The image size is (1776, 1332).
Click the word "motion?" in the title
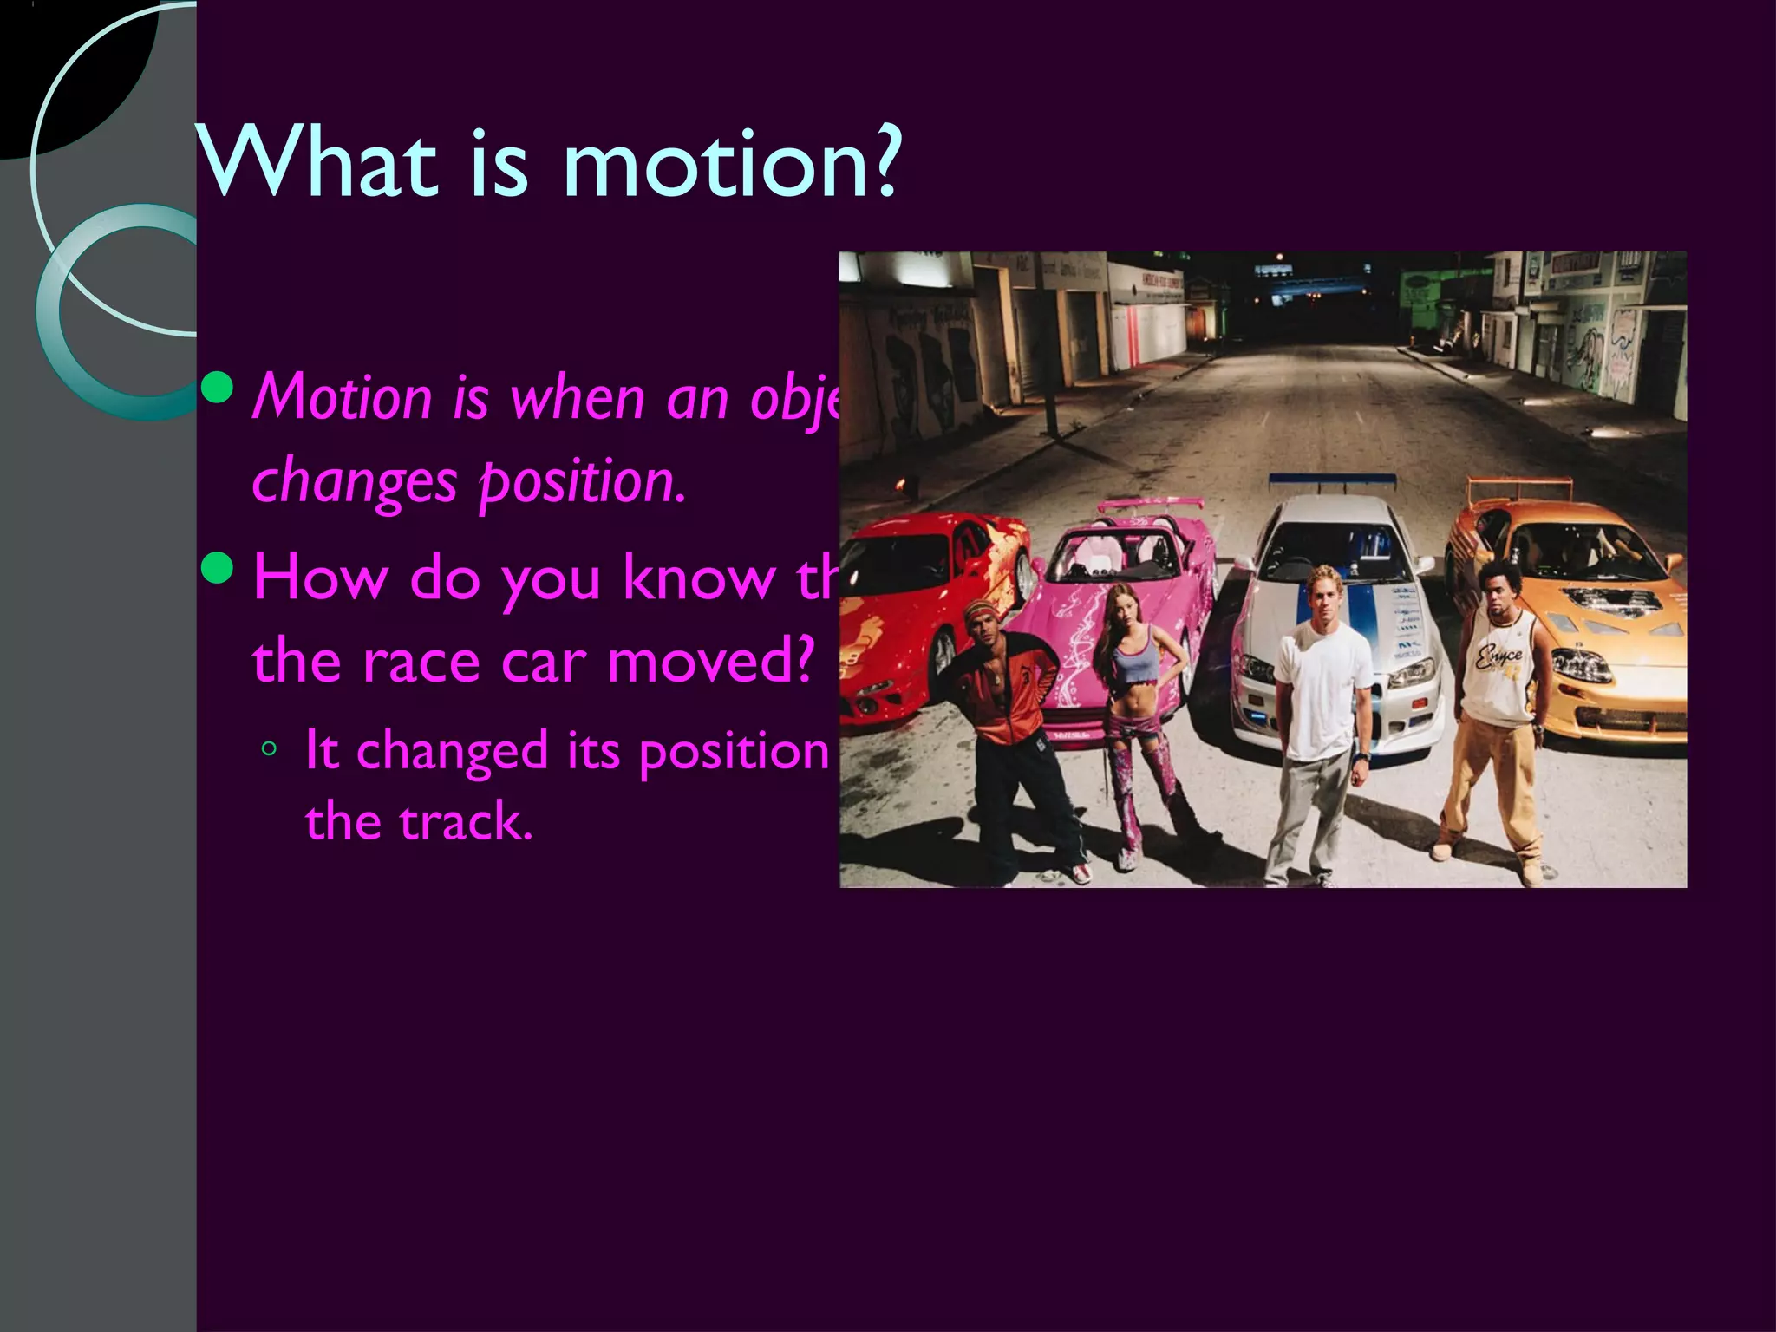tap(731, 162)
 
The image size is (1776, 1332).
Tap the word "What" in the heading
tap(317, 162)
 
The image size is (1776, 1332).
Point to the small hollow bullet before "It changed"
tap(270, 748)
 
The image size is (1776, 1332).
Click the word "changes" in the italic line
tap(353, 482)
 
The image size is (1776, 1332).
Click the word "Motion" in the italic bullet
tap(342, 398)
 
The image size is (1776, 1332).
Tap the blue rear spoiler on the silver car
tap(1332, 479)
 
